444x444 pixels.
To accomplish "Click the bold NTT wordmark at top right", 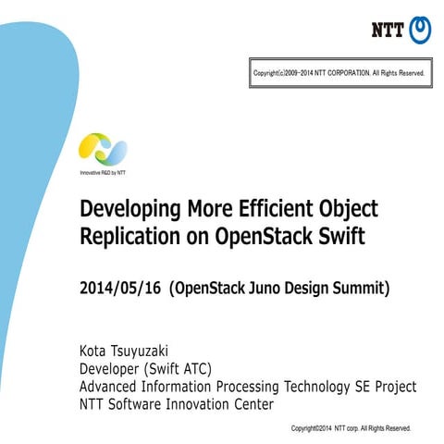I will point(388,30).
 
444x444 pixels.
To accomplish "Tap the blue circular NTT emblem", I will point(420,30).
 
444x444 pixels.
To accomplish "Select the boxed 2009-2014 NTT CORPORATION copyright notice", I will point(339,72).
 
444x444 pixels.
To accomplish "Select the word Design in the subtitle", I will point(315,288).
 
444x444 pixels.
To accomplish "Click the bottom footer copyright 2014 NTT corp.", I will point(351,428).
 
